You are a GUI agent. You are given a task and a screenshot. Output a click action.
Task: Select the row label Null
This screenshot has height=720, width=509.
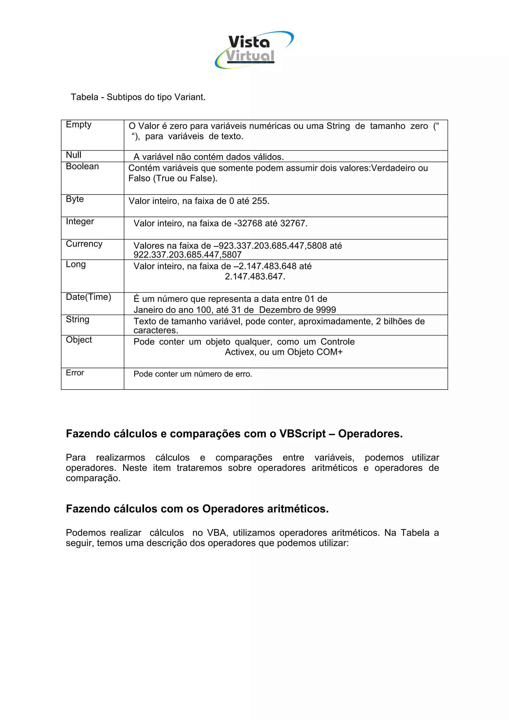73,155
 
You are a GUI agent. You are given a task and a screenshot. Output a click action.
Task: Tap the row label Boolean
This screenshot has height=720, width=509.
82,166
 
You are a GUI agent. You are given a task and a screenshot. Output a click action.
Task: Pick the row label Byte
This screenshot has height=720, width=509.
75,199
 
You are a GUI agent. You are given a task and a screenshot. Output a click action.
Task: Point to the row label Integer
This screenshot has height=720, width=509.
80,221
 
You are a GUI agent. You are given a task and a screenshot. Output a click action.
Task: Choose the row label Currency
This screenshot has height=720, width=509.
84,244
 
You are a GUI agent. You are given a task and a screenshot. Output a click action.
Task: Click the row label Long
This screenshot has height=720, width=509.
76,264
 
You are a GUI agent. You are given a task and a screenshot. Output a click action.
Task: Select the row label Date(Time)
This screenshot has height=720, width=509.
88,297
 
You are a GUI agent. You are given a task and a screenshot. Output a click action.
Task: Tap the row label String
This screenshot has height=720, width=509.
78,319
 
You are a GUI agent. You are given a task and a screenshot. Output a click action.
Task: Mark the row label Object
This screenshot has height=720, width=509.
79,340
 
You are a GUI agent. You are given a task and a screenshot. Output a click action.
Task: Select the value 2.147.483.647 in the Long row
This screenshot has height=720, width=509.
255,277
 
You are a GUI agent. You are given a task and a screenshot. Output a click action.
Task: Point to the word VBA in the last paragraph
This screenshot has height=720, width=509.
217,532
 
